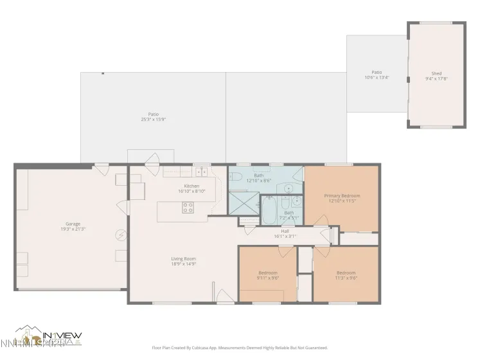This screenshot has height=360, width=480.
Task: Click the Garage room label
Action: (x=73, y=226)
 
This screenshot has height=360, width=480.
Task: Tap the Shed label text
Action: (x=436, y=76)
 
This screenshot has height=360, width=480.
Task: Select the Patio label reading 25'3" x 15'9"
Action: (x=153, y=116)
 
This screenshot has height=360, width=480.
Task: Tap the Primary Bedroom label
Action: (x=341, y=198)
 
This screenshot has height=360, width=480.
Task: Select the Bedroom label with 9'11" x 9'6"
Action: (x=267, y=274)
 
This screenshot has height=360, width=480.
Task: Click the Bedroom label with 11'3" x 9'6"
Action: (x=345, y=274)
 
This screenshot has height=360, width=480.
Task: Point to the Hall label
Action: (x=285, y=233)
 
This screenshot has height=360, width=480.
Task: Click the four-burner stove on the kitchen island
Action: (x=188, y=207)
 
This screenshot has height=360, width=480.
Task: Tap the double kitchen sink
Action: (x=201, y=172)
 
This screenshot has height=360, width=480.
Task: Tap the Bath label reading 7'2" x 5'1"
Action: (x=289, y=215)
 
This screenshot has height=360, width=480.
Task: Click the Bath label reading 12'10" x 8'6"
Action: (x=258, y=177)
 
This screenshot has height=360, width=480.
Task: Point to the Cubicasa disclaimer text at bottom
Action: (x=239, y=347)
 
